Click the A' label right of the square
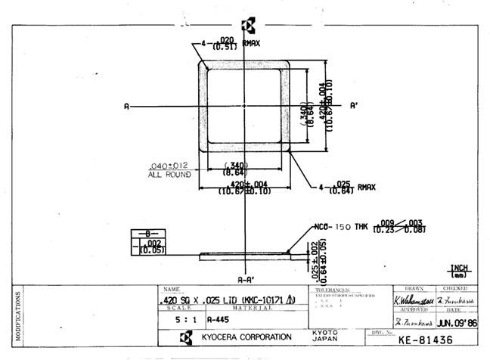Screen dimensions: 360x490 [x=354, y=107]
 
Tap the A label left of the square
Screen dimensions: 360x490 [x=126, y=107]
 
